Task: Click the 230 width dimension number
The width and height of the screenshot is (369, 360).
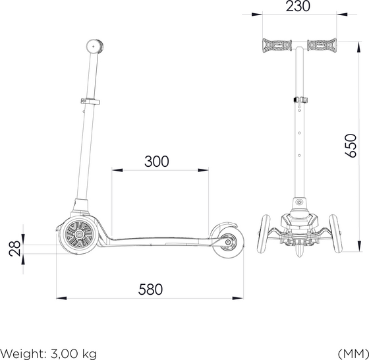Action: [298, 7]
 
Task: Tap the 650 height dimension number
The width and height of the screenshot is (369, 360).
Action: [351, 146]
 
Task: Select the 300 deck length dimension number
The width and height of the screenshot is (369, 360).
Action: [157, 162]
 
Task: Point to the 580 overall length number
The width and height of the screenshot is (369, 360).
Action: [150, 289]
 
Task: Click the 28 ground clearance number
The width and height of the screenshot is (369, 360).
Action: [14, 249]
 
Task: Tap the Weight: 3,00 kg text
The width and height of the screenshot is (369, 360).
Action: [49, 354]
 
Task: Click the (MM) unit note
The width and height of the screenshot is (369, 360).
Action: [353, 353]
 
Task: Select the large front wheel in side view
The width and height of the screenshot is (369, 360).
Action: [78, 235]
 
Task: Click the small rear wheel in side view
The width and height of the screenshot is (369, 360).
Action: [228, 243]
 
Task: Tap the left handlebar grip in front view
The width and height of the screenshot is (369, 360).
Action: [277, 45]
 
